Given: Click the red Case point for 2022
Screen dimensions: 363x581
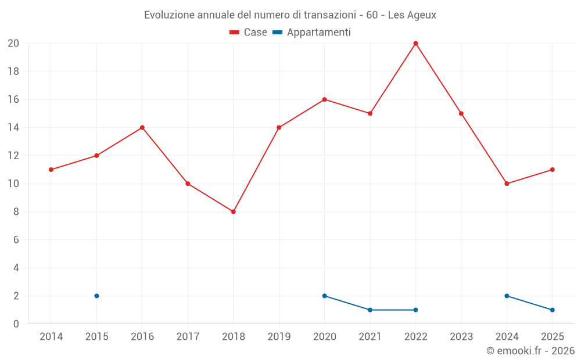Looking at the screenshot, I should pyautogui.click(x=415, y=44).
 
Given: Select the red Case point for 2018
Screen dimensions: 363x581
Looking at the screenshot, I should pyautogui.click(x=233, y=211).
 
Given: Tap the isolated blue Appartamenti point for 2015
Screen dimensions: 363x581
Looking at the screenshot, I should pyautogui.click(x=96, y=296).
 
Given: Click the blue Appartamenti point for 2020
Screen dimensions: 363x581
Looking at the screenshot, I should pyautogui.click(x=324, y=296).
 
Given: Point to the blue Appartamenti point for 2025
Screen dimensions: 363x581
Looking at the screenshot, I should pyautogui.click(x=552, y=310).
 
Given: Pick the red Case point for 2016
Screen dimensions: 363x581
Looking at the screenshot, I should pyautogui.click(x=142, y=128).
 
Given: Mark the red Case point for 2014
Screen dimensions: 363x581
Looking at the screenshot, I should pyautogui.click(x=51, y=170).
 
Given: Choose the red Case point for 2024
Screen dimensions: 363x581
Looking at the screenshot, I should pyautogui.click(x=507, y=184).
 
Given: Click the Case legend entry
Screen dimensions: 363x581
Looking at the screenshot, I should pyautogui.click(x=248, y=33).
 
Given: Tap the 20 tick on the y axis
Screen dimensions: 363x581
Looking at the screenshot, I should pyautogui.click(x=13, y=44).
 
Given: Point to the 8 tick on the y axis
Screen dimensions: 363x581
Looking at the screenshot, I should pyautogui.click(x=16, y=211).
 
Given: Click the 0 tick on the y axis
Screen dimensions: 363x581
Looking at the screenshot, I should pyautogui.click(x=16, y=324).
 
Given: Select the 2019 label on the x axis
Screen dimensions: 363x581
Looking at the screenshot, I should pyautogui.click(x=279, y=337).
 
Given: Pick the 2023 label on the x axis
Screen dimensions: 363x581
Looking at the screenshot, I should pyautogui.click(x=461, y=337).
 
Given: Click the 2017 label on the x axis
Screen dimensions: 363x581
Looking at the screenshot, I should pyautogui.click(x=188, y=337).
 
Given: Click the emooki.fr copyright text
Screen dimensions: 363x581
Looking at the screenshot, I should pyautogui.click(x=530, y=351).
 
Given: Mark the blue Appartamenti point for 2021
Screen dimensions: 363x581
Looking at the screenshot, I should pyautogui.click(x=370, y=310).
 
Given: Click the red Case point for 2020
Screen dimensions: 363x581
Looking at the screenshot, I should pyautogui.click(x=324, y=99).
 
